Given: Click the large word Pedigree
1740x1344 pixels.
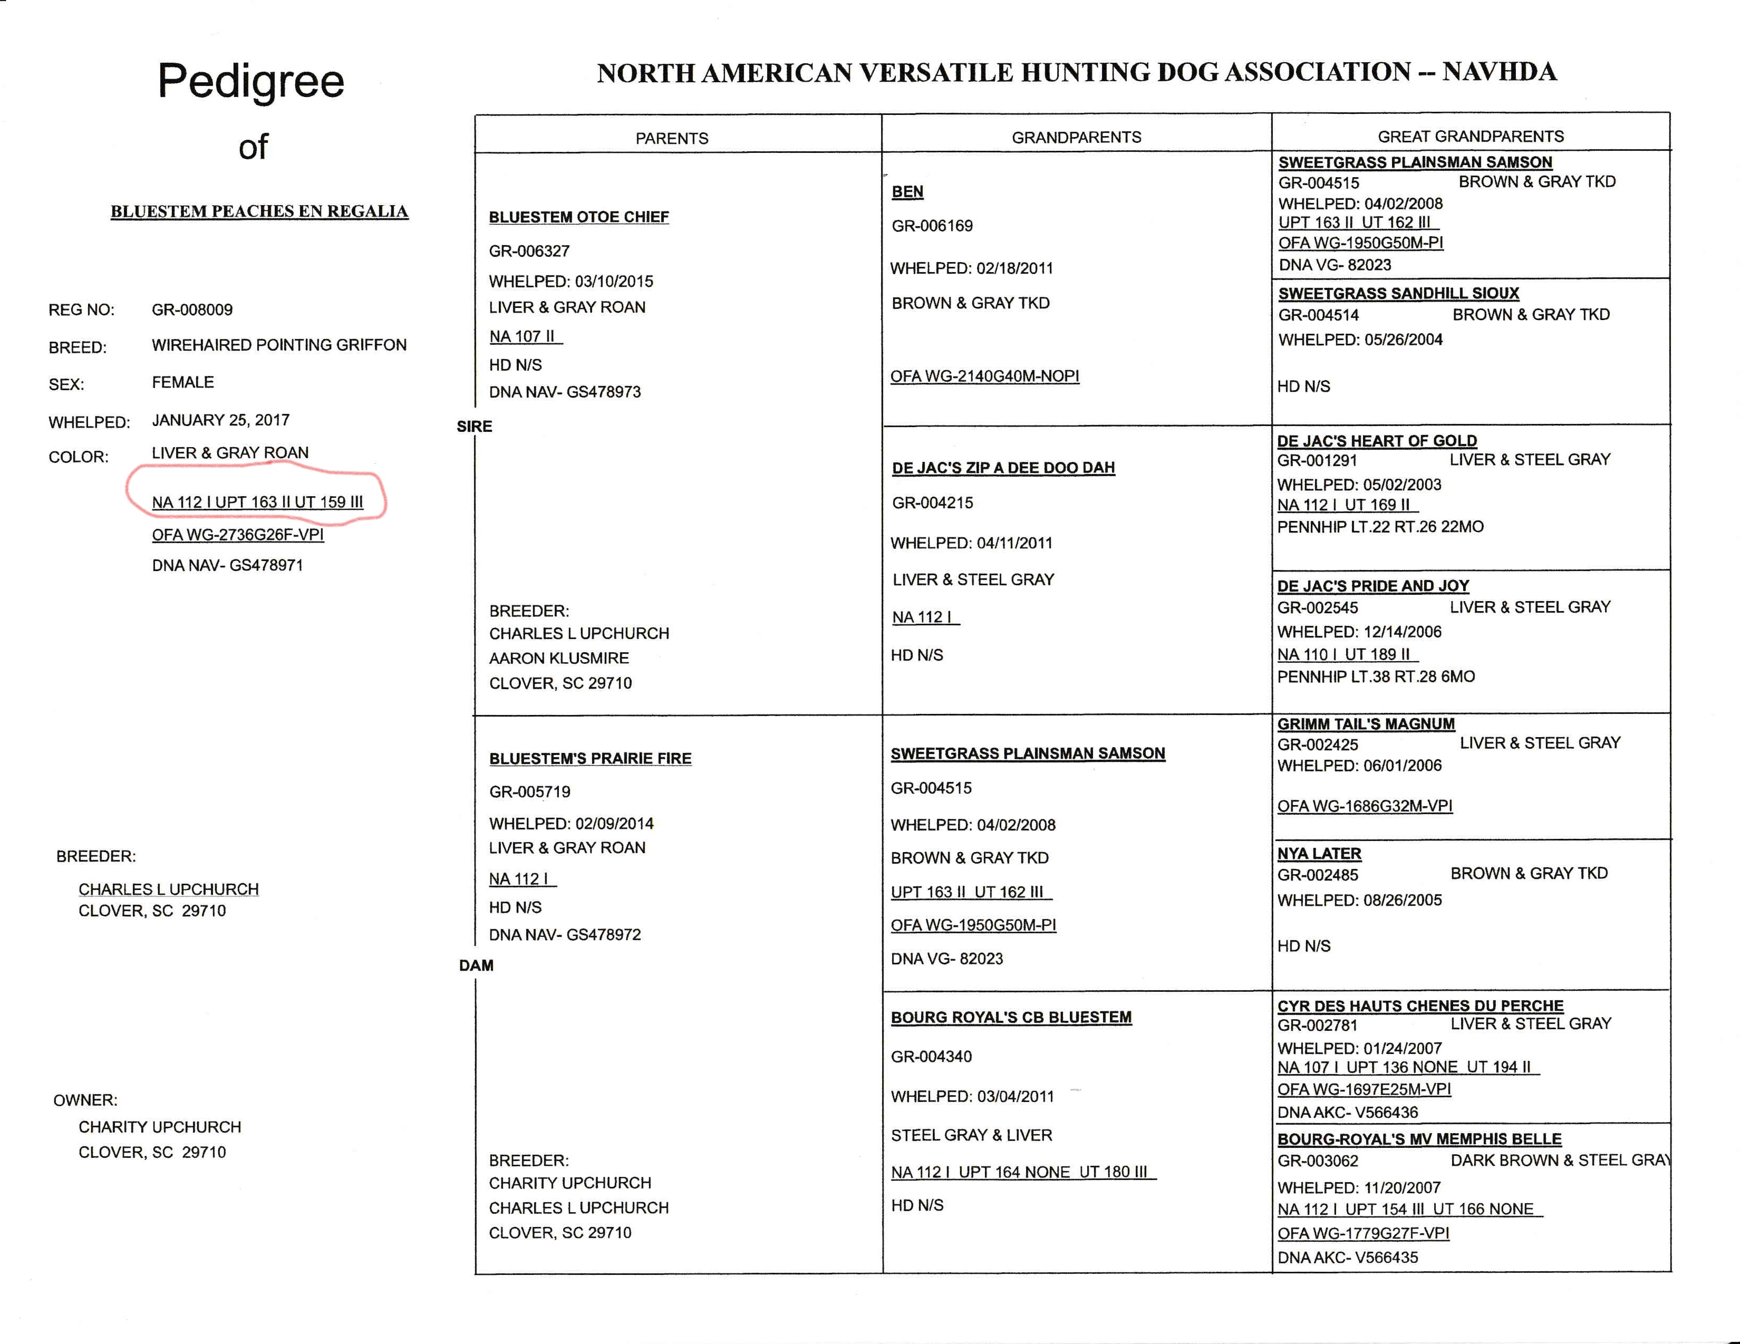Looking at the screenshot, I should point(251,81).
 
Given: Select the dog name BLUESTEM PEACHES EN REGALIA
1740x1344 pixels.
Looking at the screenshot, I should point(259,211).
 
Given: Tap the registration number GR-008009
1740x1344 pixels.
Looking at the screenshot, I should point(192,309).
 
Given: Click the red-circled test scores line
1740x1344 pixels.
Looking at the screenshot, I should point(257,502).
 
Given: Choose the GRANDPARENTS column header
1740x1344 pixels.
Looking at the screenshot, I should point(1076,137).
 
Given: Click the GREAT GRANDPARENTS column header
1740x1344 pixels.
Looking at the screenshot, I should point(1470,136).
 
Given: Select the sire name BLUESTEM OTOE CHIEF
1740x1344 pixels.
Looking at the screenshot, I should point(578,217).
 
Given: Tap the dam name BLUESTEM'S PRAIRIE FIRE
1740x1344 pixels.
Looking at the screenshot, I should point(589,758).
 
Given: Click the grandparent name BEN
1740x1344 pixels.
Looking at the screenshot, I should point(907,191).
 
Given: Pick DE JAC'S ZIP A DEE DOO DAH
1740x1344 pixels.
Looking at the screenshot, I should point(1003,468).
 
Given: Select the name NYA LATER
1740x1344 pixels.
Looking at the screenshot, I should point(1319,853).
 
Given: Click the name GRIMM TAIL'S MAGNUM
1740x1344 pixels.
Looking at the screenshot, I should point(1366,723).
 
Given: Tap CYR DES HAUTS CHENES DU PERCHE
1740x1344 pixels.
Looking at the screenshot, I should point(1420,1005).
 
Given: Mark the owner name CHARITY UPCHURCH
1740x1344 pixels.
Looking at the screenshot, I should point(159,1127).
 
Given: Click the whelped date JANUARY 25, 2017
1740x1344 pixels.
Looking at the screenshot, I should point(221,420).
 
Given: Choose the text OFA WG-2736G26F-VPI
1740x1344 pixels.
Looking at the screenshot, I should point(237,535).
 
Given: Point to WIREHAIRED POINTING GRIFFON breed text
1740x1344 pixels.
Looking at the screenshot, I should point(279,345).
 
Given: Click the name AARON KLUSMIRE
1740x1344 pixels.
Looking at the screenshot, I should point(558,658).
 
